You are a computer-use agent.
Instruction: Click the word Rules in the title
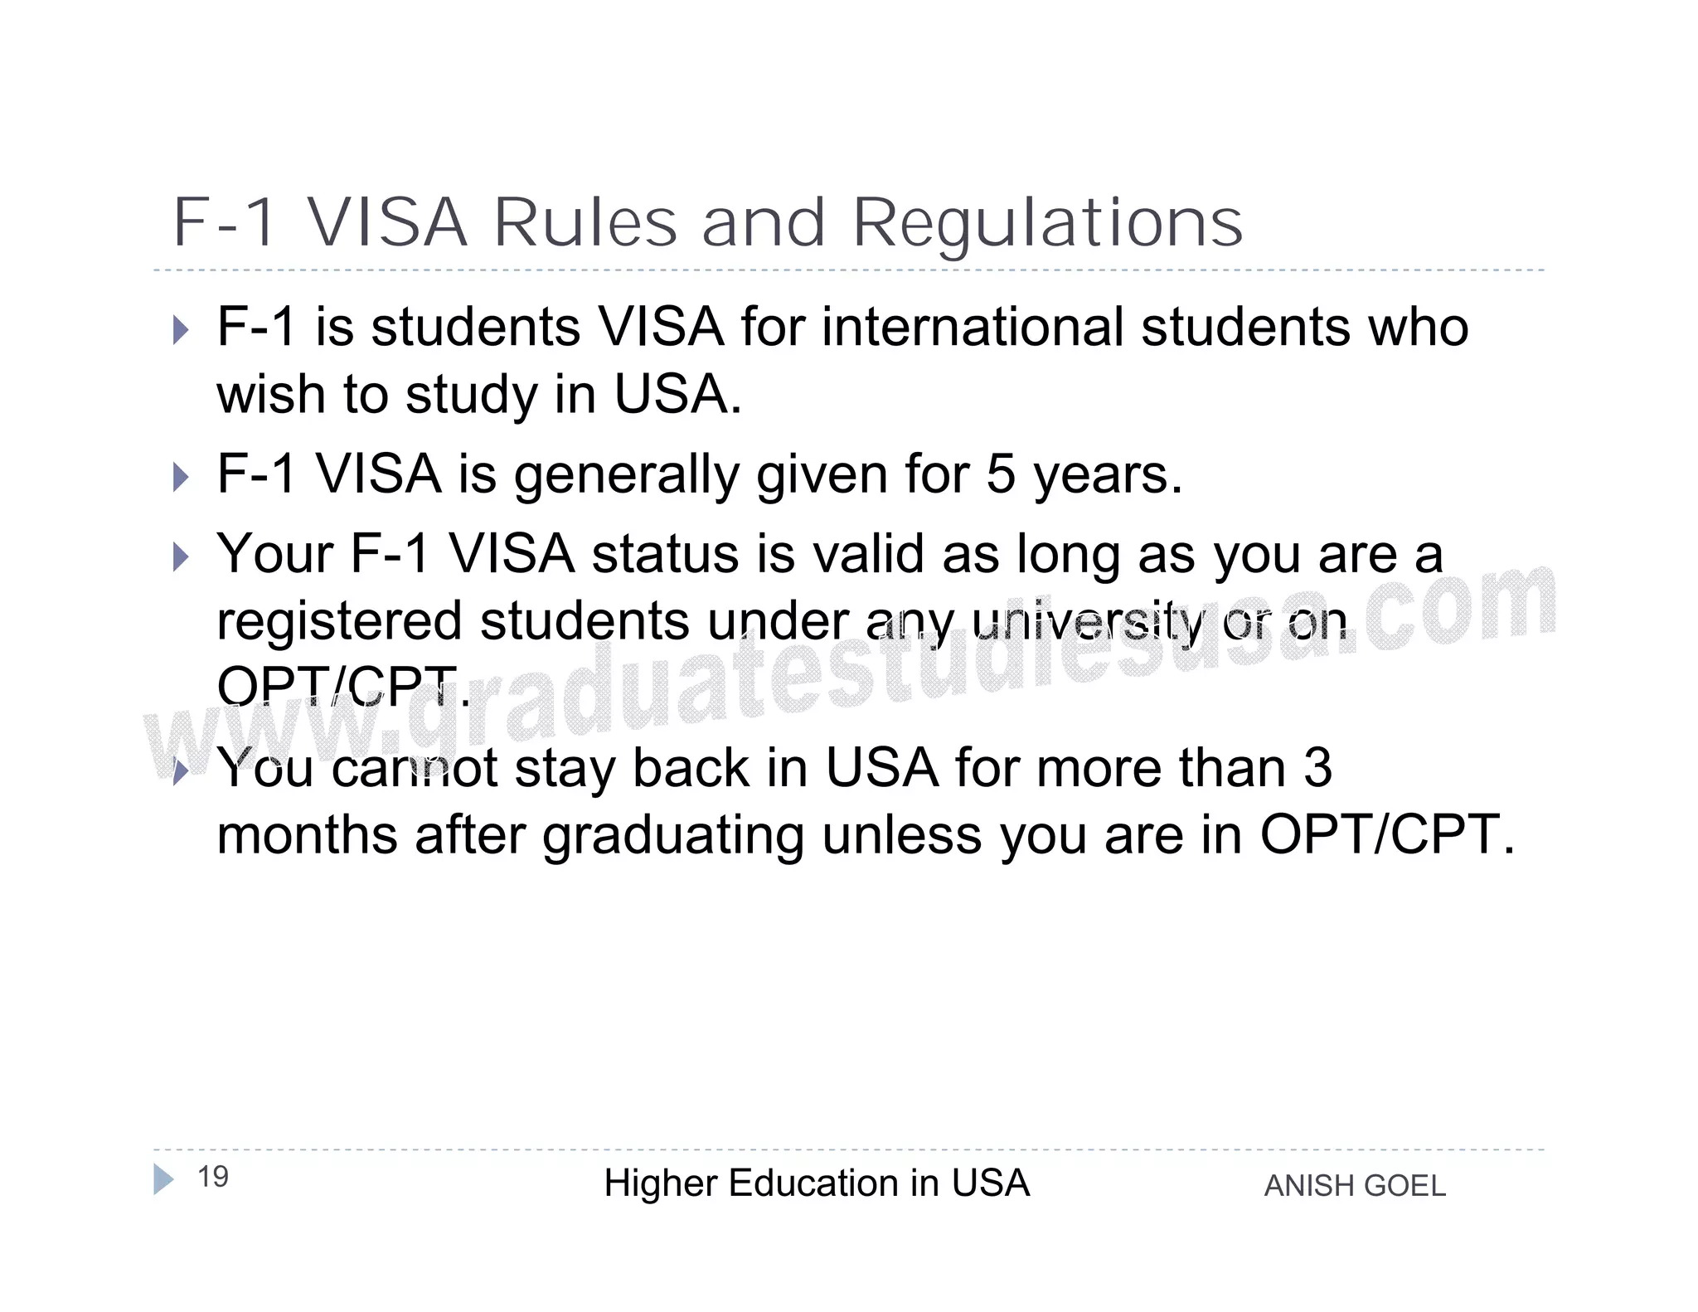[585, 223]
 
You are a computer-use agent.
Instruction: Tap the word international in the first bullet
[973, 327]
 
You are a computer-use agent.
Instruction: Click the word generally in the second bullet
[627, 475]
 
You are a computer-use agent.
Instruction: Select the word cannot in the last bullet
[415, 768]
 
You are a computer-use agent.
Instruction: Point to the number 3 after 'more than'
[1317, 768]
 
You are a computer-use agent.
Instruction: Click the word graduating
[673, 836]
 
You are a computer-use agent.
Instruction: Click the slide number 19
[213, 1176]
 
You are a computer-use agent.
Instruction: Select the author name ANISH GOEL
[1355, 1186]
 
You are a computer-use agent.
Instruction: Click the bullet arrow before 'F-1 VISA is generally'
[181, 476]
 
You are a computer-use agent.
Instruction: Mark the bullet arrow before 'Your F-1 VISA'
[181, 556]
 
